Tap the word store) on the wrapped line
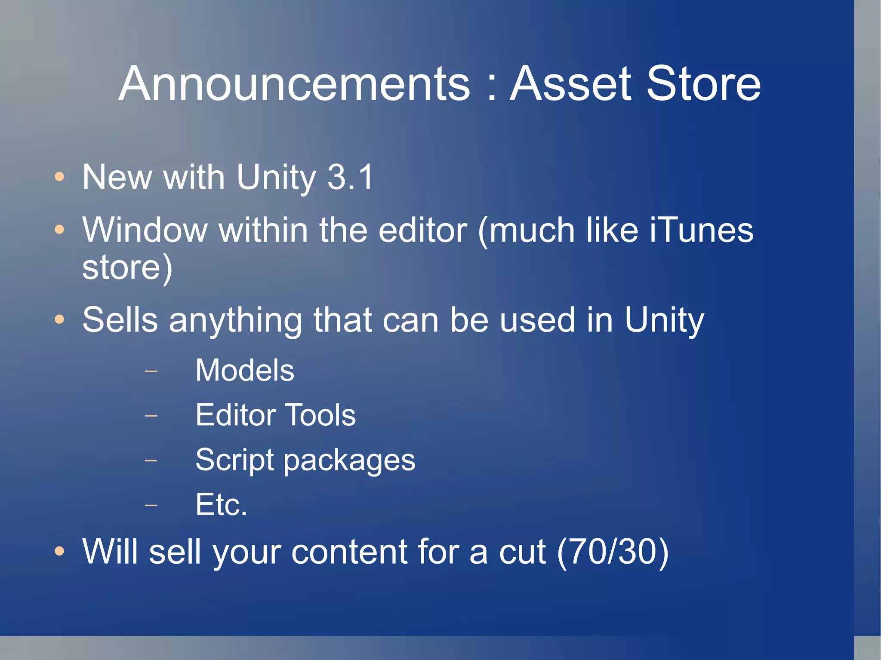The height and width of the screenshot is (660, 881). tap(127, 268)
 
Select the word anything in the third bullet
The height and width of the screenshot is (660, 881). tap(235, 320)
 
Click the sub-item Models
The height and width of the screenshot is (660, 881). tap(245, 370)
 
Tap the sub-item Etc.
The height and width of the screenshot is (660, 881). tap(221, 505)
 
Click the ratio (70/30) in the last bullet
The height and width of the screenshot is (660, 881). tap(613, 552)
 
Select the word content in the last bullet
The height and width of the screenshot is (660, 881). tap(348, 552)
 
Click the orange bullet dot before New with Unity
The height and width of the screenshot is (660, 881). tap(59, 177)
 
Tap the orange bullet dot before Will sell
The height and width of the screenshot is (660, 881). tap(59, 551)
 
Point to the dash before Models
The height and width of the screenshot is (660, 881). tap(151, 370)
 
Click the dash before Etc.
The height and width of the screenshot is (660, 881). tap(151, 505)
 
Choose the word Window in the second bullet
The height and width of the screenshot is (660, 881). tap(145, 230)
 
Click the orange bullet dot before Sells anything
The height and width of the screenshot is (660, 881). tap(59, 319)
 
